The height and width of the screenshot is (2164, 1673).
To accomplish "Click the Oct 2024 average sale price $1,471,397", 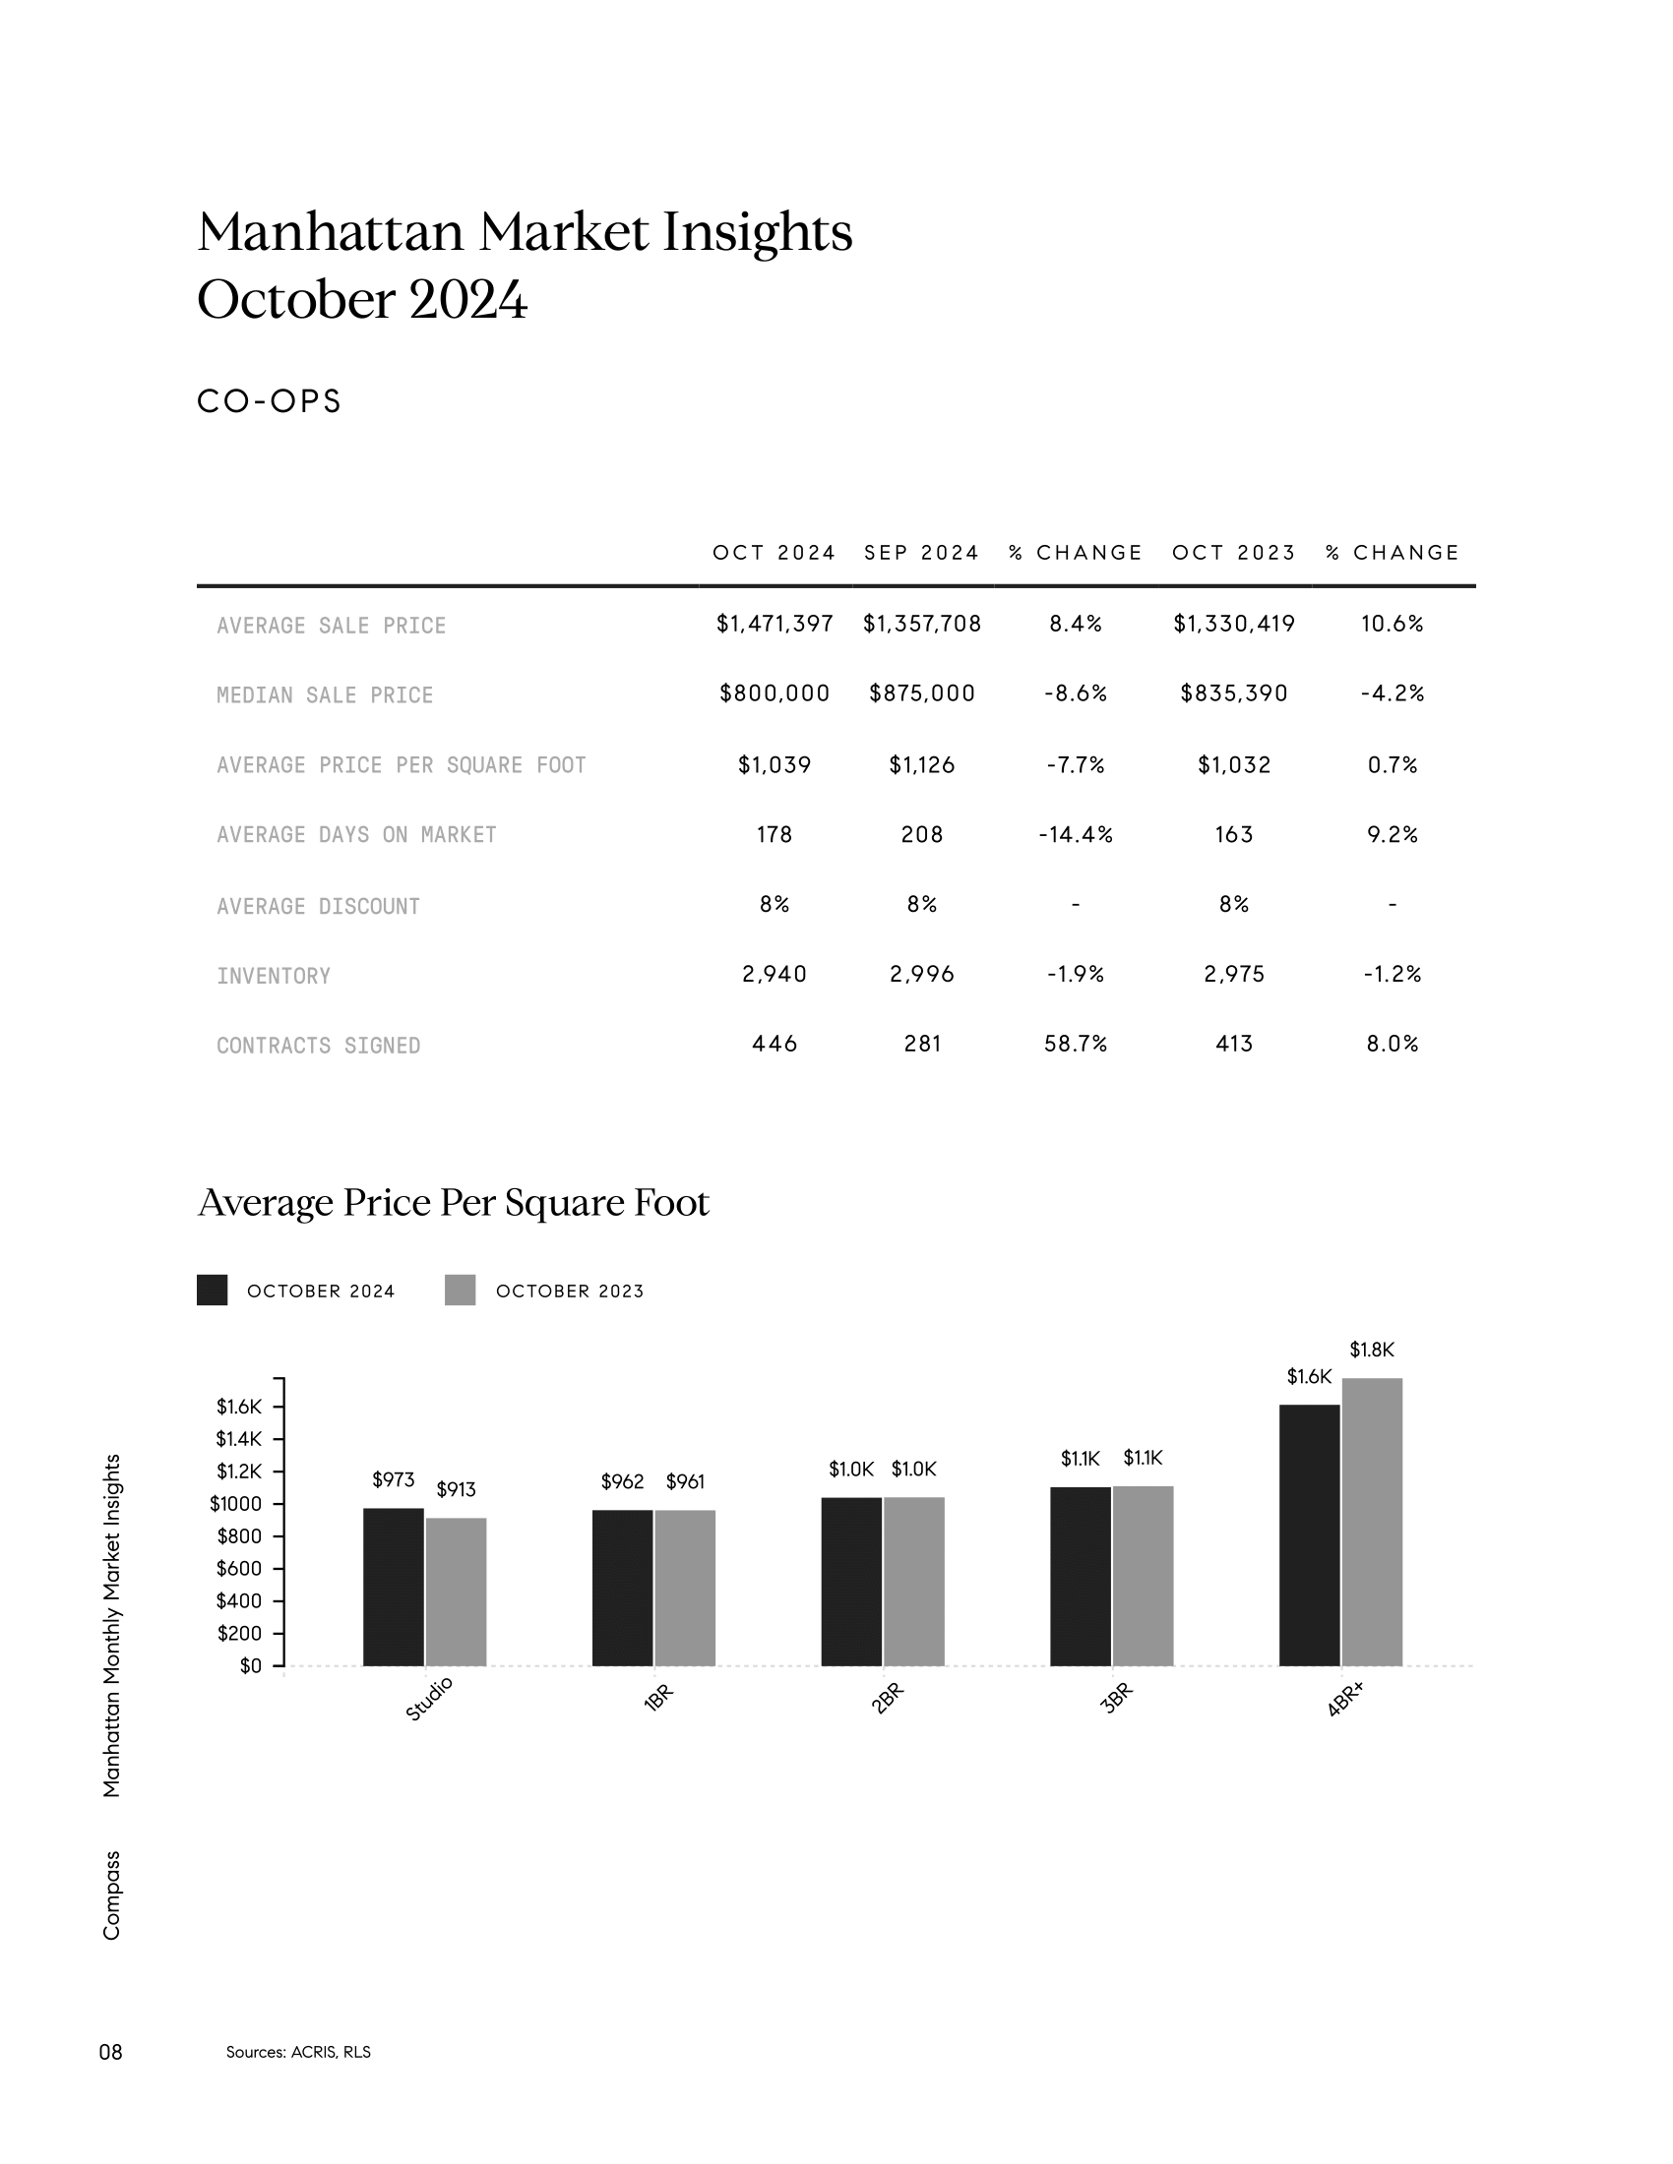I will point(775,624).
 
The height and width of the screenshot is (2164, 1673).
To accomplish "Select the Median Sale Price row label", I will point(325,695).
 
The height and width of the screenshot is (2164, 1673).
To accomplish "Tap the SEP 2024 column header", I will point(921,553).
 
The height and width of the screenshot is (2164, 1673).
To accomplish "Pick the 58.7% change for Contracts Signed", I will point(1076,1044).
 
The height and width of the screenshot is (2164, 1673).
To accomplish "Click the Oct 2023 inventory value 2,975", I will point(1234,974).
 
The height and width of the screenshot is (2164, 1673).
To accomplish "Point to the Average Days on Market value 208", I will point(922,834).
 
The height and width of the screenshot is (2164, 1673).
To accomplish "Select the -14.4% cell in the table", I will point(1076,834).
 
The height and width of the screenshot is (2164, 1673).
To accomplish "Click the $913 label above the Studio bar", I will point(456,1489).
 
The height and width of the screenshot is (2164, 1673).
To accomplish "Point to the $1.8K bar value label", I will point(1372,1350).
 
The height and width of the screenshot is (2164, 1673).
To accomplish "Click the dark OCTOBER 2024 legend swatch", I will point(213,1291).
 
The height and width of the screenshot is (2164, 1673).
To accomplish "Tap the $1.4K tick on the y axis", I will point(238,1439).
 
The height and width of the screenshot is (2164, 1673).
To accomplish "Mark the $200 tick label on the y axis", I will point(239,1633).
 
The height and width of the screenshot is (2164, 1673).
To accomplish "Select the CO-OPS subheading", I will point(270,401).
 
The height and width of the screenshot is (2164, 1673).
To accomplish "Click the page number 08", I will point(111,2052).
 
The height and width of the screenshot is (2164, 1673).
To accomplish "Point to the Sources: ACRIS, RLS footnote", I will point(298,2052).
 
